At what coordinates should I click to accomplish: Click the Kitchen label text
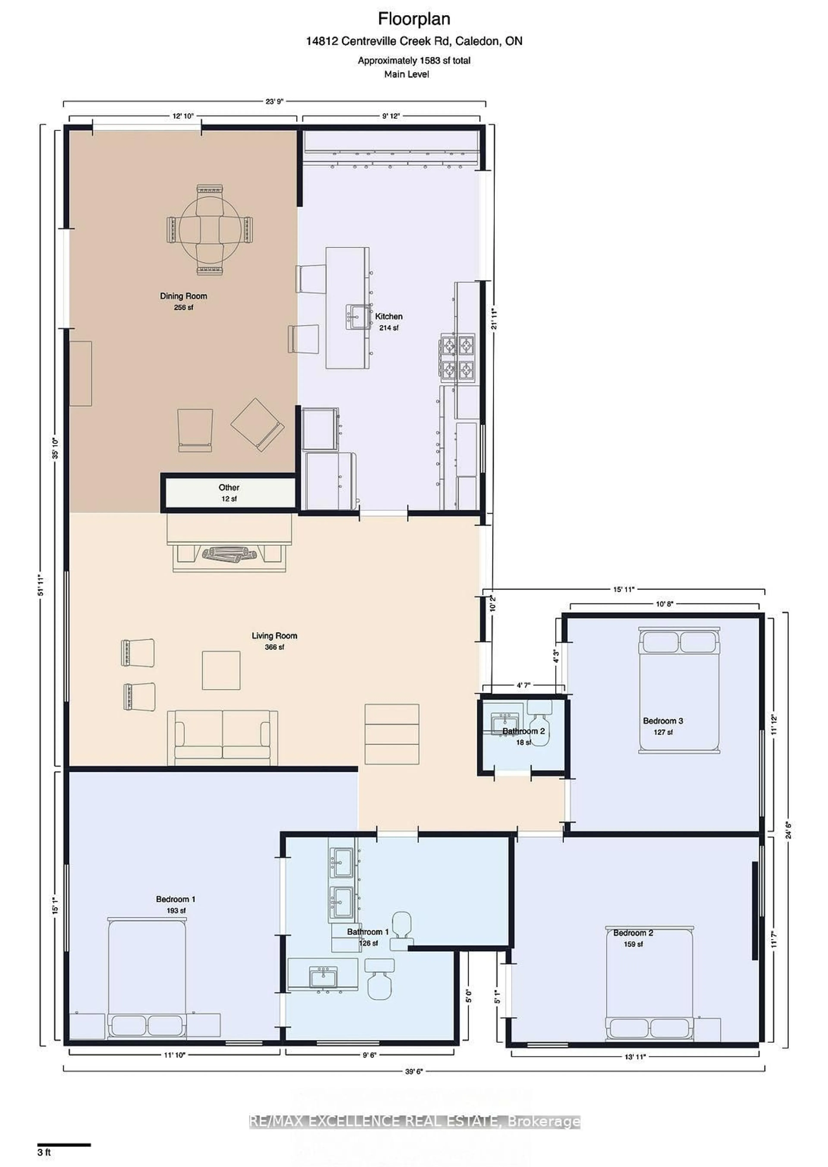tap(389, 317)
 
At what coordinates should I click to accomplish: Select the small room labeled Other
tap(229, 493)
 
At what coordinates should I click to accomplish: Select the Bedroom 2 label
tap(633, 933)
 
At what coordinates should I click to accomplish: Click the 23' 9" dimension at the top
tap(274, 101)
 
